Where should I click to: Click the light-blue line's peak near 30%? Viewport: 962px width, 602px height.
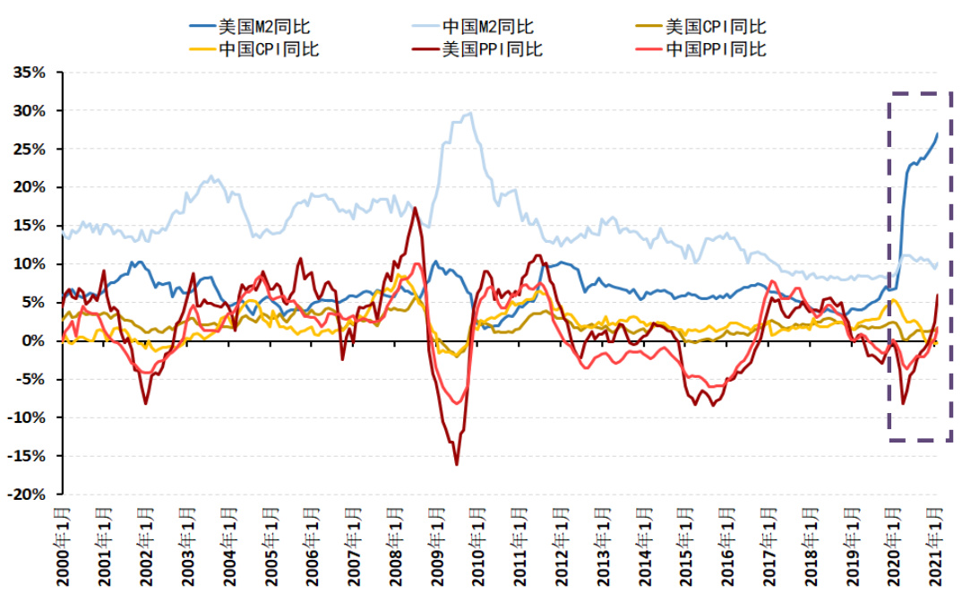tap(471, 113)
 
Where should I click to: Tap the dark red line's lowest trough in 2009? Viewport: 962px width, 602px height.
tap(457, 464)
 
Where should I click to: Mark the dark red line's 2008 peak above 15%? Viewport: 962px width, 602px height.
tap(415, 208)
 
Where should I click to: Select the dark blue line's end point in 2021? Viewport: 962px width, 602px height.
tap(938, 133)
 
